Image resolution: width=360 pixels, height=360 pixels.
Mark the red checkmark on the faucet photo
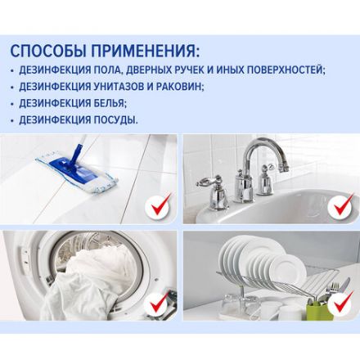[340, 207]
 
